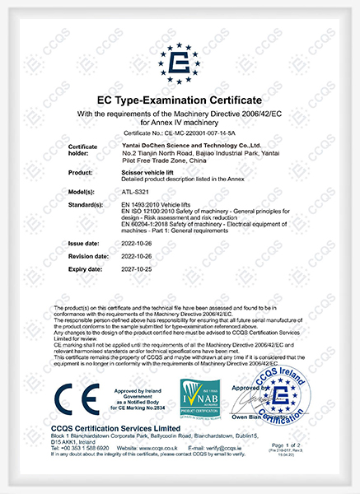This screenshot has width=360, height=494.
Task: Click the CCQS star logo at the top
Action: point(180,51)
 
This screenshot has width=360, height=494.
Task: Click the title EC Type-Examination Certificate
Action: point(180,100)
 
